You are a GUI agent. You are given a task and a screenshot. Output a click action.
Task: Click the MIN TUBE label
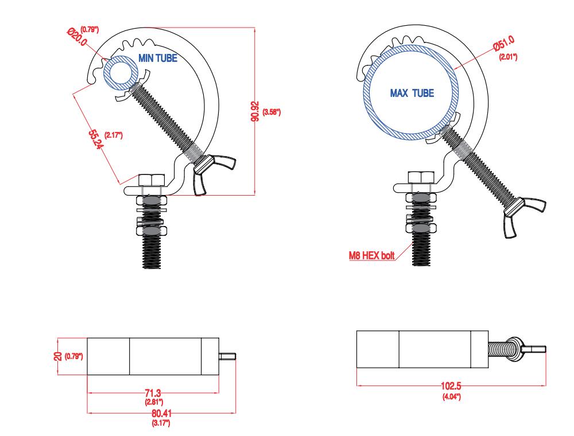158,58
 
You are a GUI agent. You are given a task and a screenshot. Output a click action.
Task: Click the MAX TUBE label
412,94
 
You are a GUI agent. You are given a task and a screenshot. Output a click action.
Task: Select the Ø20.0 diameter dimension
77,37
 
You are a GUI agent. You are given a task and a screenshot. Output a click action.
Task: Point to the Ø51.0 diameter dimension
504,43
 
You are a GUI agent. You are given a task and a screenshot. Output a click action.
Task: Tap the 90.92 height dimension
256,111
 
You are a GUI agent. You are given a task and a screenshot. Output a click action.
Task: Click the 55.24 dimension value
95,139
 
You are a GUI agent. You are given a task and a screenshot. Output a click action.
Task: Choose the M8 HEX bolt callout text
371,255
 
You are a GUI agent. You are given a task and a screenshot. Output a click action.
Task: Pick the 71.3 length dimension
153,393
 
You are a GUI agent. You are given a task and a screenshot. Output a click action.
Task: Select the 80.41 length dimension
161,413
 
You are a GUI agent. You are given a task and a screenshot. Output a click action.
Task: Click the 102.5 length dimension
451,386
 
